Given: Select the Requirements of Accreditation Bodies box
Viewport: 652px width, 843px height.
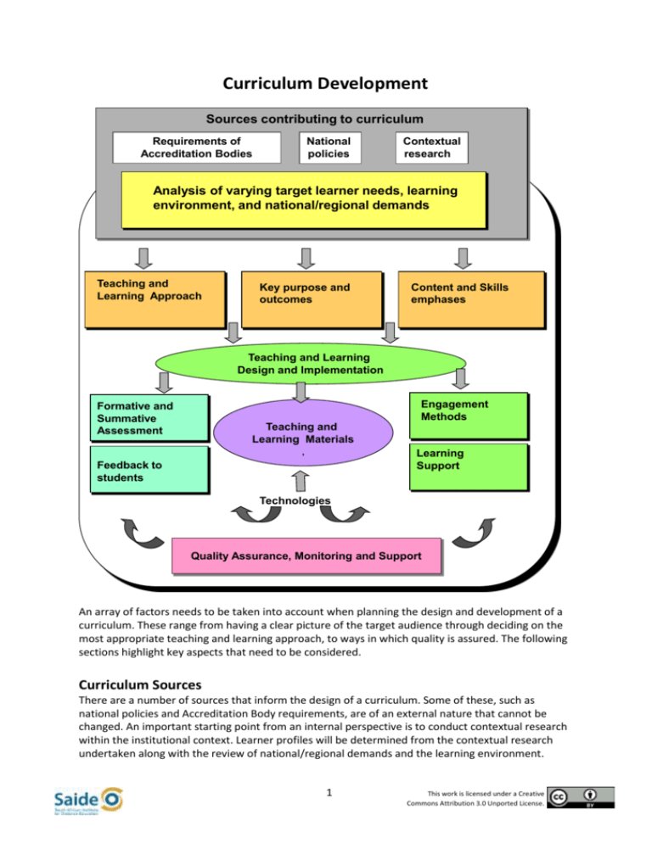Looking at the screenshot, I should [194, 148].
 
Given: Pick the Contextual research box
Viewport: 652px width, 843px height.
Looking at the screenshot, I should [433, 148].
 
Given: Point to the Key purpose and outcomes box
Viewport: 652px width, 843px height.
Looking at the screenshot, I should [311, 299].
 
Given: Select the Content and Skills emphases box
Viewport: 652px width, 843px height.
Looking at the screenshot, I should [470, 299].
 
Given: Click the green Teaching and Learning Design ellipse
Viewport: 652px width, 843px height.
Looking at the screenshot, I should [311, 364].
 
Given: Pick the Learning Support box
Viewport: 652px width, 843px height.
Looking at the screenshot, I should [468, 467].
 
